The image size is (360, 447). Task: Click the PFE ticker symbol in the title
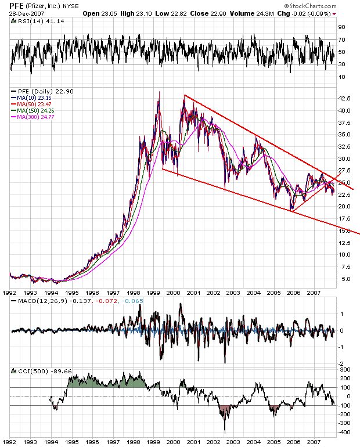(17, 5)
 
